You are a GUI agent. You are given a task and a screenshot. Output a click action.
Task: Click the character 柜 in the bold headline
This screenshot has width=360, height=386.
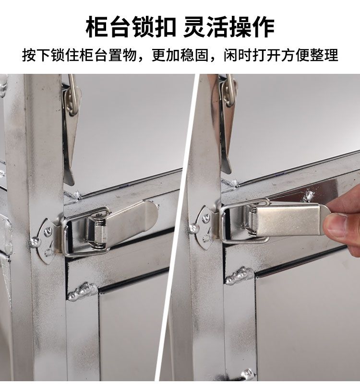point(96,27)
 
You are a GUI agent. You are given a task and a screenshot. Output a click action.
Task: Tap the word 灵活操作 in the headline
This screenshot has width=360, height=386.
point(229,27)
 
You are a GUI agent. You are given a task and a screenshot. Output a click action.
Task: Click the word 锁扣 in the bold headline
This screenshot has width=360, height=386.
point(154,27)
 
